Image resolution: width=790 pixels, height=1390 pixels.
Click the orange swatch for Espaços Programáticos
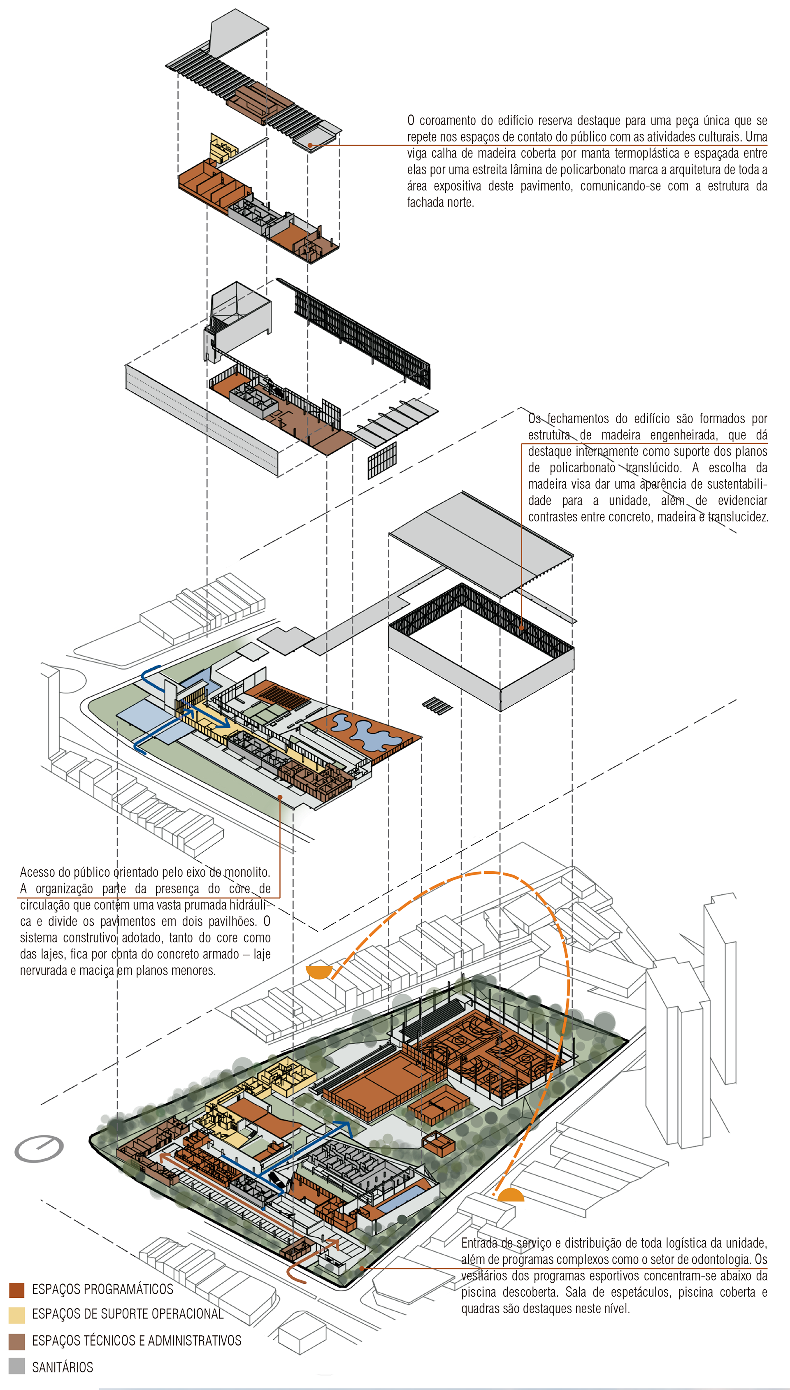(x=16, y=1290)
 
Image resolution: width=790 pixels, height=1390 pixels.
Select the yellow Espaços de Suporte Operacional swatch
(x=16, y=1315)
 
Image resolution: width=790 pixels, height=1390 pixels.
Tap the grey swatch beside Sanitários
(x=16, y=1366)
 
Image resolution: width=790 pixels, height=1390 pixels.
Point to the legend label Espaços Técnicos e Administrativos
(x=136, y=1341)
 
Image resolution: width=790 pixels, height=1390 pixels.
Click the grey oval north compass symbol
(x=39, y=1148)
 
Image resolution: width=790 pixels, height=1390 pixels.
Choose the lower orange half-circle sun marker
(x=510, y=1195)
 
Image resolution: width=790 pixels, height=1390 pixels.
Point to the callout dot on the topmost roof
(x=310, y=145)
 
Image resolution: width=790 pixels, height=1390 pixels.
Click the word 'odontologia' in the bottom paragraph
(x=722, y=1259)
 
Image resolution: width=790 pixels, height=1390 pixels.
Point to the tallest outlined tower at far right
(x=720, y=993)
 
